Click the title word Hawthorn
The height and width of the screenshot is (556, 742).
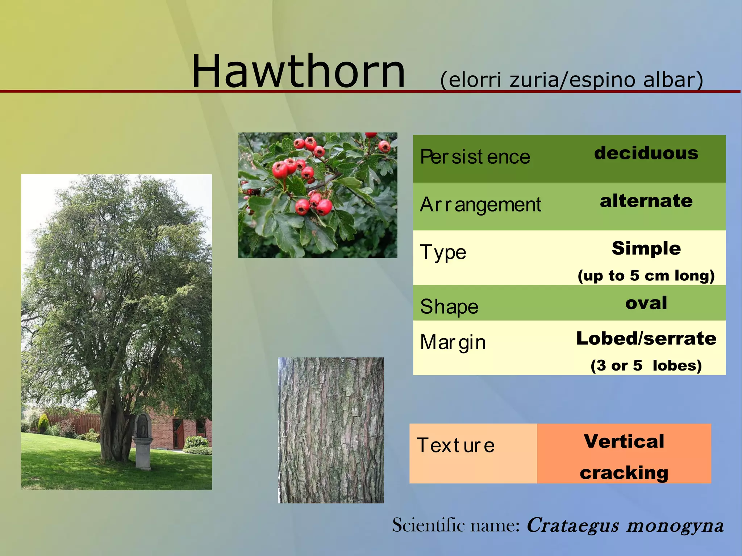(298, 71)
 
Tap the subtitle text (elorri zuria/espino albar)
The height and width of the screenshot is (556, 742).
(571, 80)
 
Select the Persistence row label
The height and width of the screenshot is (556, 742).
(475, 157)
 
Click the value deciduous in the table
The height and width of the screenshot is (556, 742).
(646, 153)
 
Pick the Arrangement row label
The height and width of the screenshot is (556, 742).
(480, 205)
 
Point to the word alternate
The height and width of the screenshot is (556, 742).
(646, 201)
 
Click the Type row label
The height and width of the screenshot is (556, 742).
(443, 252)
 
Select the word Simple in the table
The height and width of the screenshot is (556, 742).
(646, 248)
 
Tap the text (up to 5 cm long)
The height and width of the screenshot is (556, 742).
(646, 276)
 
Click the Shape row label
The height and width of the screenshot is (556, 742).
(449, 307)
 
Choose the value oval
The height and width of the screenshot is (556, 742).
(646, 303)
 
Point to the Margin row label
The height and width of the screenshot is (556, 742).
(453, 342)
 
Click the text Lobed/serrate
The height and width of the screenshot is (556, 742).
(646, 338)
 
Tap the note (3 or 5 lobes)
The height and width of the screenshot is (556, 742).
(646, 365)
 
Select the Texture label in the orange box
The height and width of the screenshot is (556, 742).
(455, 446)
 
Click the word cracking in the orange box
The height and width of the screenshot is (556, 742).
(624, 473)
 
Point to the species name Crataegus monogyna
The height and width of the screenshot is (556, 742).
(625, 525)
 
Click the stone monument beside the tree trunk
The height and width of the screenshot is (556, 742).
(143, 442)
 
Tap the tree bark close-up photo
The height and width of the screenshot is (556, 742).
(331, 430)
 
